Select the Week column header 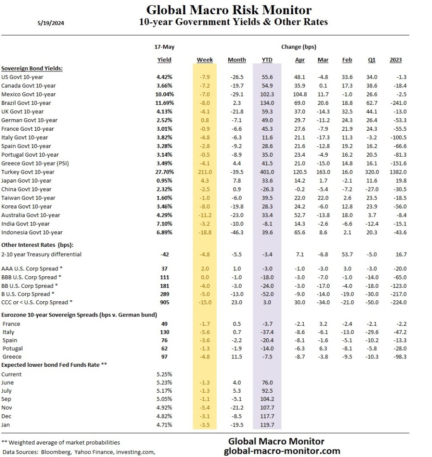tap(205, 60)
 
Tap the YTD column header tap(267, 60)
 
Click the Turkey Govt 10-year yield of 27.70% tap(164, 172)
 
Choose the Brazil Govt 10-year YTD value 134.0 tap(267, 103)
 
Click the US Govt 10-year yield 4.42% tap(165, 77)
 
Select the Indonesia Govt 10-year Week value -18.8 tap(205, 232)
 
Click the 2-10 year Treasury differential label tap(42, 254)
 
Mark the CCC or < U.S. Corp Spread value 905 tap(165, 302)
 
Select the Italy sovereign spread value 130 tap(165, 332)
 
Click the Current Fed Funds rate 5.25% tap(165, 374)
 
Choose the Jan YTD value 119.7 tap(267, 424)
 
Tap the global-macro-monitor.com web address tap(282, 451)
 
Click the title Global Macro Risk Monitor tap(229, 10)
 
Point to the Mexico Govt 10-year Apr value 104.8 tap(298, 94)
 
